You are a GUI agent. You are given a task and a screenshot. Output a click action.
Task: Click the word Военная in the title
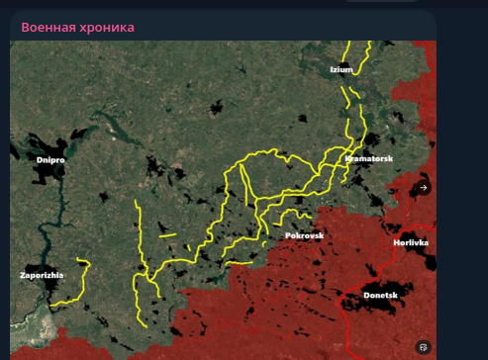coord(49,27)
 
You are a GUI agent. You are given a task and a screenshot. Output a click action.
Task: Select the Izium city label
coord(342,70)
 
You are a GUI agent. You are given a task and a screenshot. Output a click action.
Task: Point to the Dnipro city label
coord(50,158)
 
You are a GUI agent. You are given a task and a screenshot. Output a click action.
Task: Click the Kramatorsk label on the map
coord(369,158)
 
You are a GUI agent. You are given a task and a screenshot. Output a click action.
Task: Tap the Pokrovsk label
coord(304,235)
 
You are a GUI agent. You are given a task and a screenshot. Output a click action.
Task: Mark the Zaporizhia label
coord(42,274)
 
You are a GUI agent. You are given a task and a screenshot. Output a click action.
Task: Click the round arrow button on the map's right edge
coord(423,187)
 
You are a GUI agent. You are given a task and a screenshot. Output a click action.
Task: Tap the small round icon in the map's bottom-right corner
coord(423,346)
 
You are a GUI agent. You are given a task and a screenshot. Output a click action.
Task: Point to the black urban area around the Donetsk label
coord(368,307)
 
